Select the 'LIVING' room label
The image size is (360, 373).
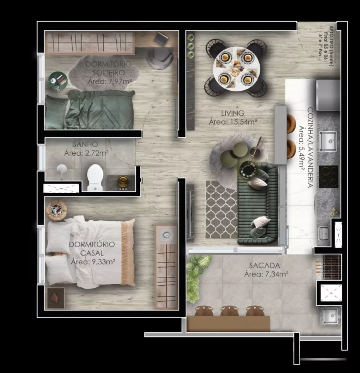(232, 113)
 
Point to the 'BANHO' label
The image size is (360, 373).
(85, 144)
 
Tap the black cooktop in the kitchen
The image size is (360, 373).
(329, 176)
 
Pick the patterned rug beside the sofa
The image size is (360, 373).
(221, 209)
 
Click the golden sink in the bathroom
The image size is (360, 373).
(123, 182)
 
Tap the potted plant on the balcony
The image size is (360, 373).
(194, 276)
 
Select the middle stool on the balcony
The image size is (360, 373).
(229, 311)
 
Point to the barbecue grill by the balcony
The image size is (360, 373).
(331, 267)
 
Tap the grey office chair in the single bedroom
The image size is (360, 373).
(160, 58)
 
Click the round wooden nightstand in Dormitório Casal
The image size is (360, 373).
(56, 210)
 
